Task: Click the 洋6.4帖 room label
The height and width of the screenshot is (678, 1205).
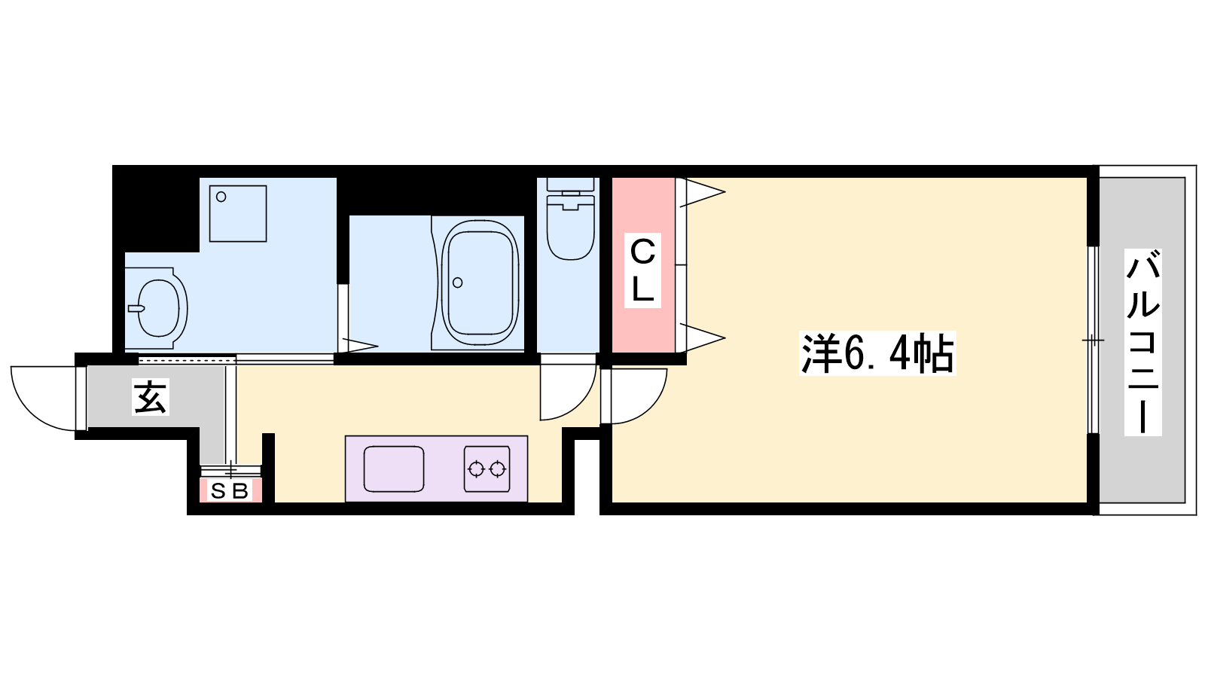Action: point(877,353)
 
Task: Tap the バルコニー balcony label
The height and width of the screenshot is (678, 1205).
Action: point(1142,342)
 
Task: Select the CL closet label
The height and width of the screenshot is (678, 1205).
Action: point(642,270)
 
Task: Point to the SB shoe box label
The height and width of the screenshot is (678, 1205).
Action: point(230,490)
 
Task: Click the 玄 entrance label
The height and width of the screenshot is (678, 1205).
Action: point(151,397)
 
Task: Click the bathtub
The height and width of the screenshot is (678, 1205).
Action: point(480,282)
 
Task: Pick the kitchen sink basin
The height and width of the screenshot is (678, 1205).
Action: point(394,469)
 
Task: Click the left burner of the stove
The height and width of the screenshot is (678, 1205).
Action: point(476,469)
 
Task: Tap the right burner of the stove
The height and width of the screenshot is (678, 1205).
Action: point(498,469)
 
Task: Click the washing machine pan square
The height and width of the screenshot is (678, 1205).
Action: point(238,214)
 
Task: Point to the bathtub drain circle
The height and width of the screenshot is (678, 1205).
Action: point(458,282)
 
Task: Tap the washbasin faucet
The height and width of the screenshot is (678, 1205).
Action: point(136,308)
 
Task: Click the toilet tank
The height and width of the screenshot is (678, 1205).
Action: point(570,184)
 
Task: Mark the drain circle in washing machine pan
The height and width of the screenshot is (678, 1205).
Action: point(221,197)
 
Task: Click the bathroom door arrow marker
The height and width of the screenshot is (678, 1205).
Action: point(359,346)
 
